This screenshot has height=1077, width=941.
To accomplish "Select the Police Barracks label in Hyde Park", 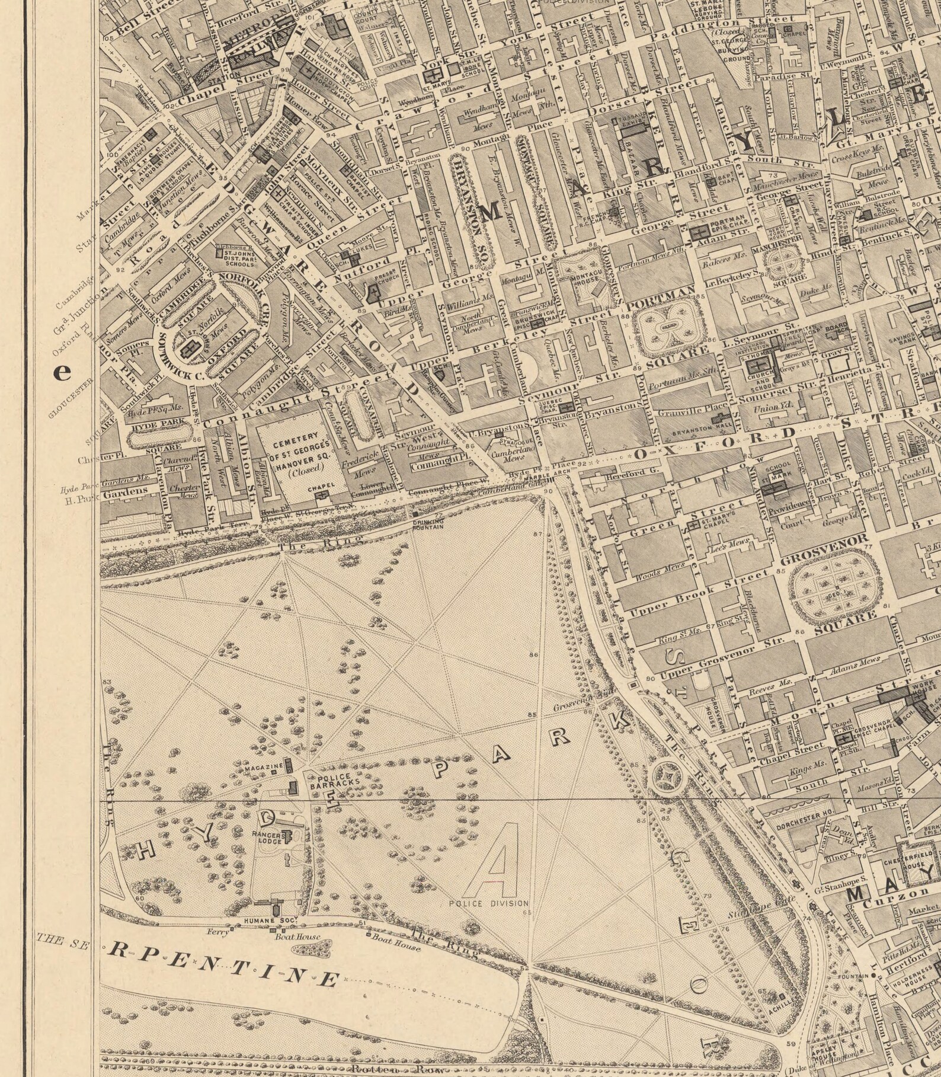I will coord(335,781).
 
